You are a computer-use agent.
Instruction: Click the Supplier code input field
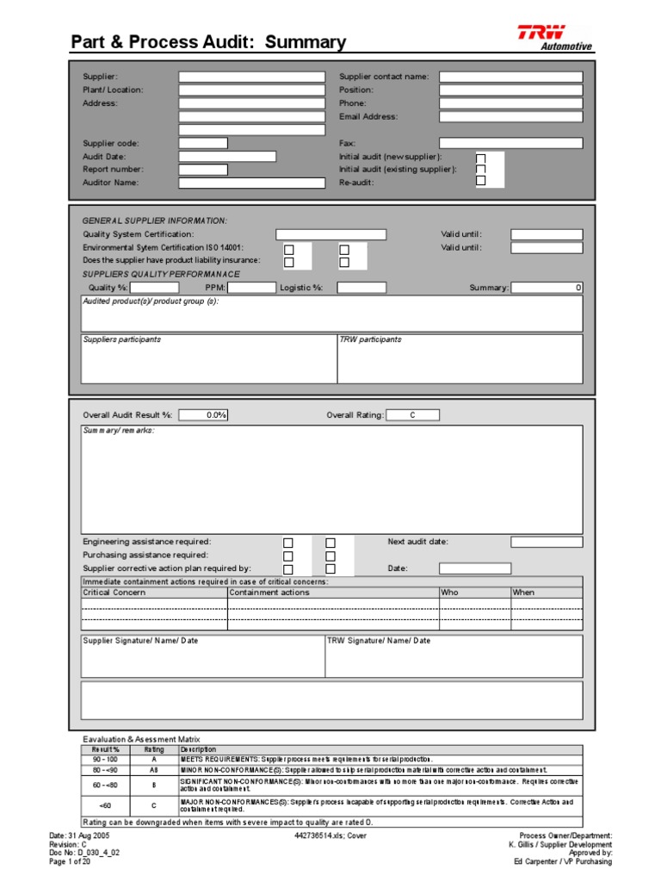[203, 143]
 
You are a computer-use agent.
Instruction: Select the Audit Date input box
[227, 157]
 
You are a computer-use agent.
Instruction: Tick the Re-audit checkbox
[481, 181]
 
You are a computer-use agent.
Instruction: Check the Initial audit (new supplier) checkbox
[481, 158]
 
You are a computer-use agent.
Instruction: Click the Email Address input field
[510, 116]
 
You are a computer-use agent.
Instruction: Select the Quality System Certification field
[330, 234]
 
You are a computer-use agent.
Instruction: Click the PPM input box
[251, 288]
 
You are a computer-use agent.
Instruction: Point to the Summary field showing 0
[547, 288]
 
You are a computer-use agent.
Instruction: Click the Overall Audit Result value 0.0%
[203, 415]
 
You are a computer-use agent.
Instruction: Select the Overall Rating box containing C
[412, 415]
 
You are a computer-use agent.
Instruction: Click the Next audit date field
[547, 542]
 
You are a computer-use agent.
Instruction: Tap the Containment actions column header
[269, 593]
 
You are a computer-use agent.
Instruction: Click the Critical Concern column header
[114, 593]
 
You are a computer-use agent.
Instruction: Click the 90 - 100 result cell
[106, 759]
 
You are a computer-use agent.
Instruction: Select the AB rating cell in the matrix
[154, 769]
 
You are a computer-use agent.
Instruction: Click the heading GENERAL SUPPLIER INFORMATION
[155, 220]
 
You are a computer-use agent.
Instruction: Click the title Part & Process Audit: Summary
[208, 42]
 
